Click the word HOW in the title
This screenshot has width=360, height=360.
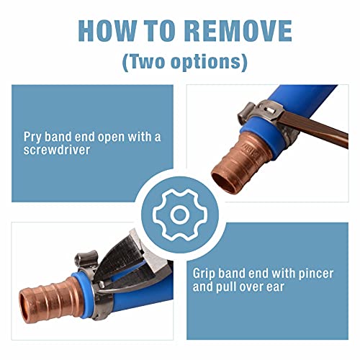(x=108, y=31)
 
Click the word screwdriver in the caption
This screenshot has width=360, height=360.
(x=57, y=150)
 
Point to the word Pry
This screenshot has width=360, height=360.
(x=32, y=138)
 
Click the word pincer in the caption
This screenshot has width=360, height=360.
(x=315, y=274)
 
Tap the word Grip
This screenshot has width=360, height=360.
(x=204, y=274)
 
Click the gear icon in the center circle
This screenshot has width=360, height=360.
(x=180, y=215)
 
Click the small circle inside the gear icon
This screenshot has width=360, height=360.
(x=180, y=215)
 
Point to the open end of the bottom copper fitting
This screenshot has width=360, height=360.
(x=23, y=309)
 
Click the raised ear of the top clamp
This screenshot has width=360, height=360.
(x=246, y=112)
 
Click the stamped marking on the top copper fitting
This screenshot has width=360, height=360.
(x=250, y=148)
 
